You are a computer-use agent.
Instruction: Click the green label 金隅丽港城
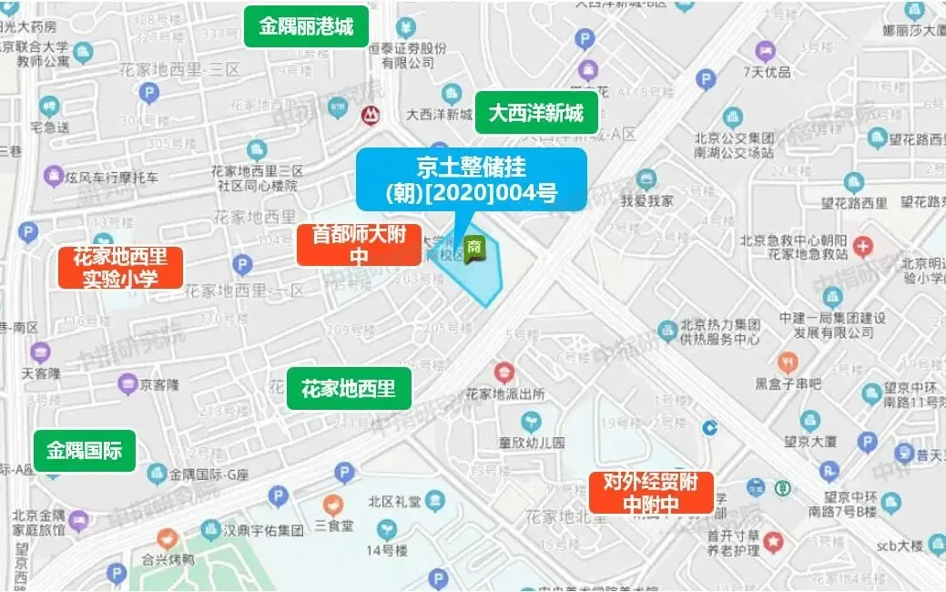click(x=306, y=26)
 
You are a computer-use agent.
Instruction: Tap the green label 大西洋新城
click(x=536, y=114)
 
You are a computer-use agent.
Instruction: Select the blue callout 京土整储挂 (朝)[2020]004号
click(x=470, y=179)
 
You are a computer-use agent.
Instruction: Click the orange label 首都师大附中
click(x=359, y=245)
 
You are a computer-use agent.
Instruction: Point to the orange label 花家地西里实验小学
click(x=121, y=268)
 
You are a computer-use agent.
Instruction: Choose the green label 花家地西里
click(x=349, y=389)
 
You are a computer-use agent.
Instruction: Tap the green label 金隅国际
click(x=85, y=451)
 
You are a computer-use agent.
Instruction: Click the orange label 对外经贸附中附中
click(x=651, y=493)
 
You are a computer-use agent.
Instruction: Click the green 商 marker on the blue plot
click(x=473, y=246)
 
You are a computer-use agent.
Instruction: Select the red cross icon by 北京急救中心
click(x=862, y=246)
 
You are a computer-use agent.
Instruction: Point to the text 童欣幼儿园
click(x=532, y=443)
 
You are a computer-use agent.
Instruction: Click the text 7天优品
click(x=766, y=71)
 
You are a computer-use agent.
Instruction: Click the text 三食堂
click(x=334, y=526)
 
